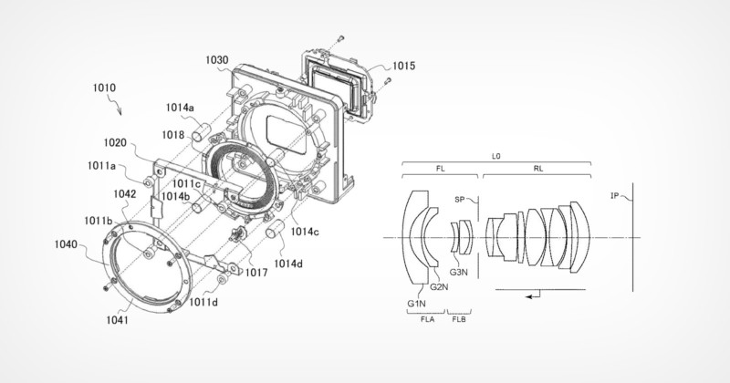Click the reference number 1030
point(217,60)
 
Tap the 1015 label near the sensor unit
point(403,66)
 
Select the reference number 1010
point(104,88)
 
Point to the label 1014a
point(180,108)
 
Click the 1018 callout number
point(173,135)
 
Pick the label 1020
point(115,143)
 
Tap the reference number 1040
point(66,243)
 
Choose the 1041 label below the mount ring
point(118,320)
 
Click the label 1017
point(256,272)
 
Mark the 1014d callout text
point(288,264)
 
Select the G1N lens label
point(416,304)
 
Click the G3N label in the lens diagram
point(459,273)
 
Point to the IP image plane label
point(614,196)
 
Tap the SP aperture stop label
point(460,199)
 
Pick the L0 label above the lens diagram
point(496,157)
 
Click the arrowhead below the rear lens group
point(529,296)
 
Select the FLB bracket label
point(459,319)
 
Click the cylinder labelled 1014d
point(275,229)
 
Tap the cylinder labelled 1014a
point(203,131)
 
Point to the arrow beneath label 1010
point(115,105)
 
